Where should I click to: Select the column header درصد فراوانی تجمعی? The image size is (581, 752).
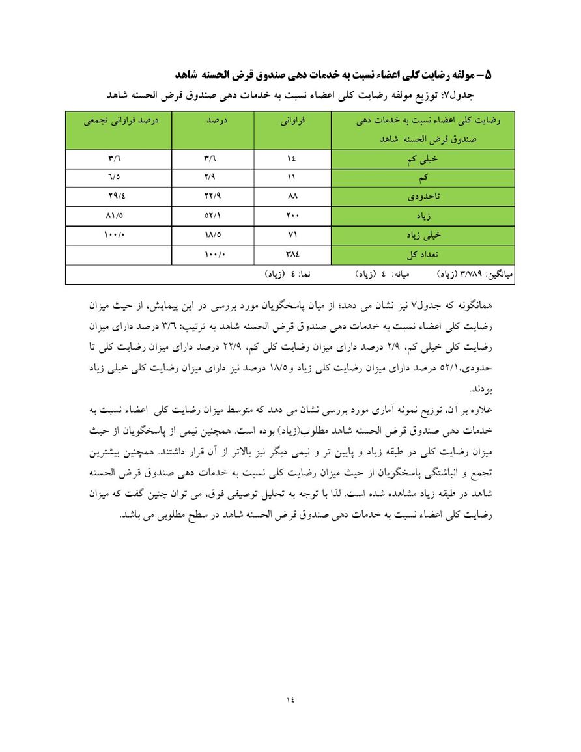click(x=119, y=120)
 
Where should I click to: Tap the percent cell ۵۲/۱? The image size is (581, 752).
click(x=212, y=215)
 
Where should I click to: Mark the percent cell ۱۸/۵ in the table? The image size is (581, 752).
click(x=212, y=234)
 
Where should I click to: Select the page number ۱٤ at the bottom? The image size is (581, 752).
click(x=290, y=699)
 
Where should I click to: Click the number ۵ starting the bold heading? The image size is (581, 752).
click(x=489, y=76)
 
